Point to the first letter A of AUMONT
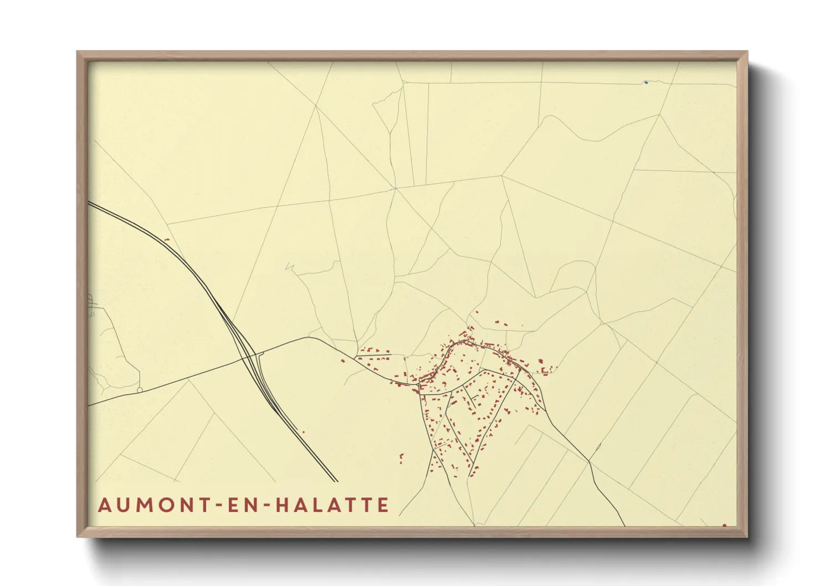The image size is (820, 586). tap(104, 505)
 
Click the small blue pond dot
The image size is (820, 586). tap(646, 83)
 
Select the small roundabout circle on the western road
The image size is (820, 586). tap(140, 390)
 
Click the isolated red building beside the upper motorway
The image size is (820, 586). tap(167, 239)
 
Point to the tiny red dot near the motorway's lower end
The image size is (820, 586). tap(303, 432)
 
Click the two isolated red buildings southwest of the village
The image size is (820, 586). tap(401, 458)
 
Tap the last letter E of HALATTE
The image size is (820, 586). tap(383, 505)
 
